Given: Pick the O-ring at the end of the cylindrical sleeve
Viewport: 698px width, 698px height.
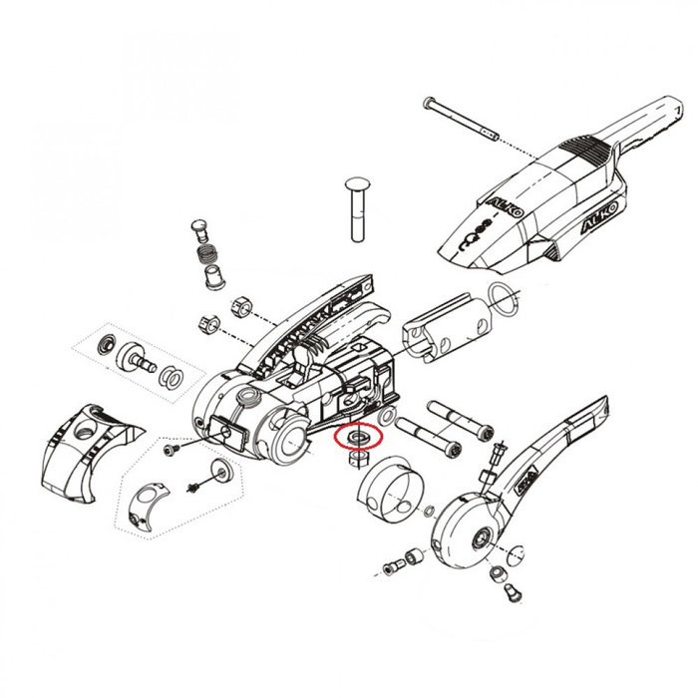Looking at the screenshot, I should coord(504,296).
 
